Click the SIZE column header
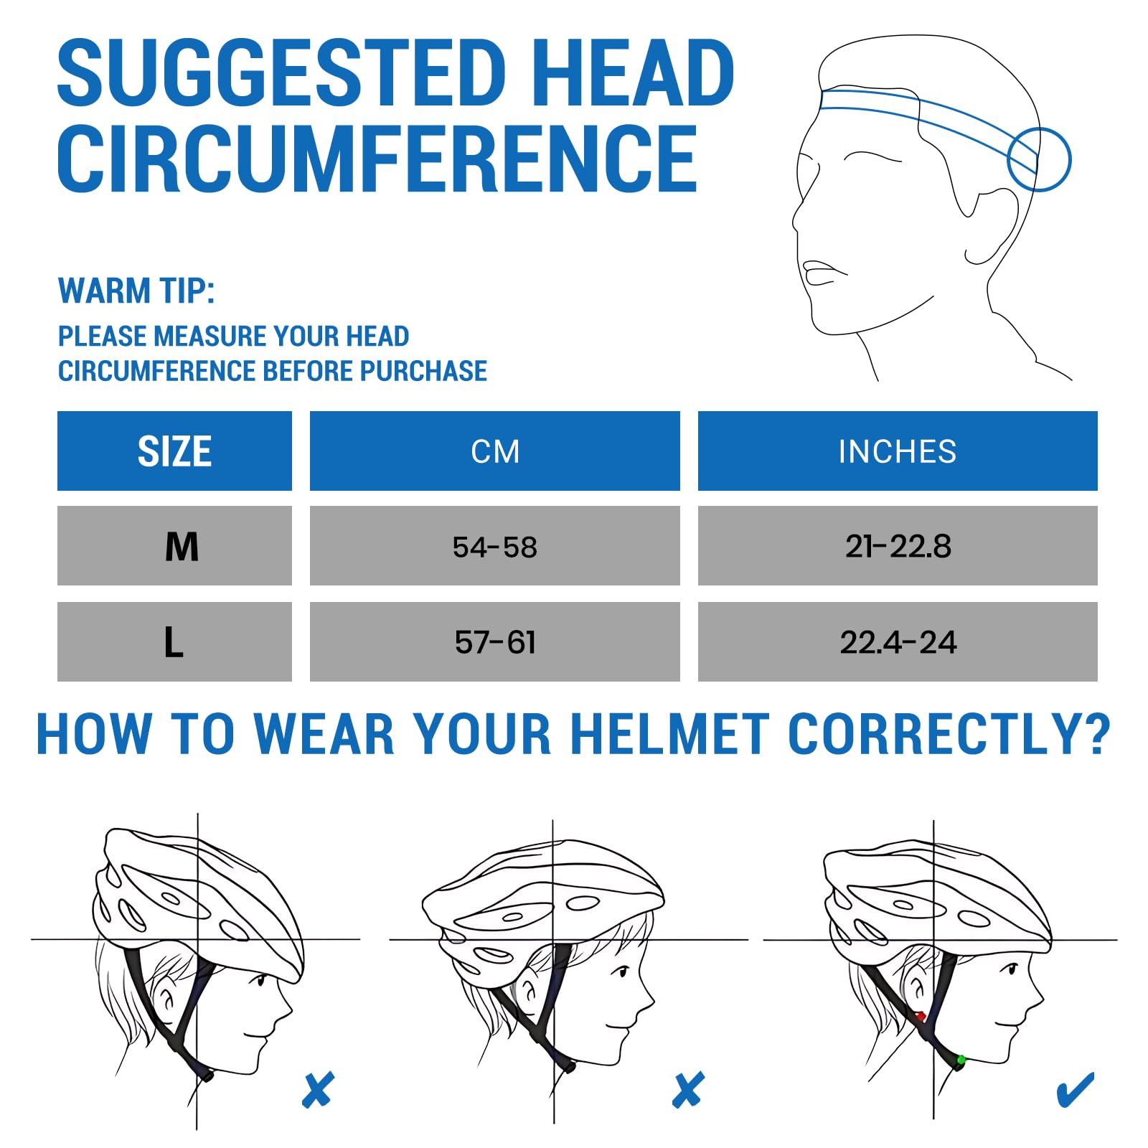(x=174, y=451)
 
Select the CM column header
(x=495, y=451)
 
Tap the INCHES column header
(x=898, y=451)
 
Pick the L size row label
(x=174, y=642)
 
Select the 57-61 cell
(x=495, y=642)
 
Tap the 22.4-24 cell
(x=898, y=642)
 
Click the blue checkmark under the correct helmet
(x=1076, y=1090)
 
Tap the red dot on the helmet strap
(x=921, y=1016)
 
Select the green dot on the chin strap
(x=961, y=1060)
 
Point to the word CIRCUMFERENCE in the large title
(x=377, y=158)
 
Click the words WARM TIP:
(x=136, y=291)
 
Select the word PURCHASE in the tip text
(x=423, y=371)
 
